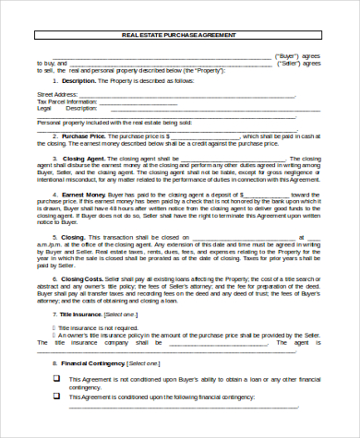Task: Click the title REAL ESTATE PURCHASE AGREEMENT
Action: click(x=179, y=35)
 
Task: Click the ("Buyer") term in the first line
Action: click(x=289, y=54)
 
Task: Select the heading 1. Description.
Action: click(x=75, y=80)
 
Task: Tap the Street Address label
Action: click(x=56, y=94)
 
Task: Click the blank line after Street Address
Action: click(x=185, y=94)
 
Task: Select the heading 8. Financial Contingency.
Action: click(x=88, y=364)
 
